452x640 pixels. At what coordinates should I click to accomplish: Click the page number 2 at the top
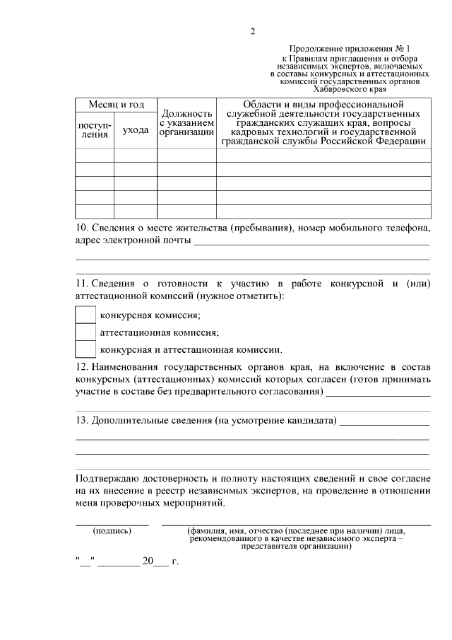coord(252,31)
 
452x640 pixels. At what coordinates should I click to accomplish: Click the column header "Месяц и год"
coord(117,105)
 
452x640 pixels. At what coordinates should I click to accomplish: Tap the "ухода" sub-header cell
coord(135,129)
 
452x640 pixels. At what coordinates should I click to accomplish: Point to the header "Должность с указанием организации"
coord(186,122)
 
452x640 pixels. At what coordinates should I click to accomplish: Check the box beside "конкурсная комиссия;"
coord(85,315)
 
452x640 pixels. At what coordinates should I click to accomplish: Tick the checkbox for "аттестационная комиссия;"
coord(85,332)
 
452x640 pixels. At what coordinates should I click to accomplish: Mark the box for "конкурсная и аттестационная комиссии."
coord(85,349)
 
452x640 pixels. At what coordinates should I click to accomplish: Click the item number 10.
coord(81,228)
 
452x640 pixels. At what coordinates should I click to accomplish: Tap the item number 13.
coord(81,420)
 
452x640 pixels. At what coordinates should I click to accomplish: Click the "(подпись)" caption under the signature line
coord(112,530)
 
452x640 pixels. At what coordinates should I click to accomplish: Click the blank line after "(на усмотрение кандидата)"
coord(384,422)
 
